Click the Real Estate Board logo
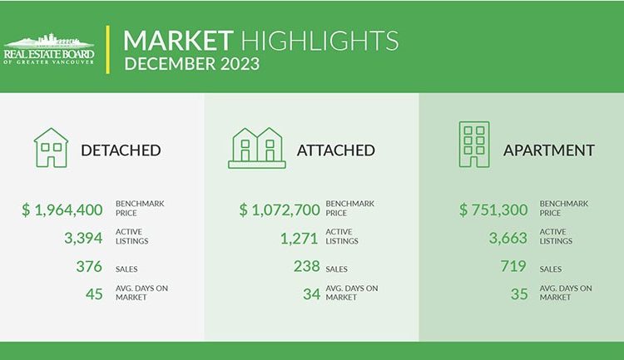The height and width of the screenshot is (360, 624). click(x=49, y=49)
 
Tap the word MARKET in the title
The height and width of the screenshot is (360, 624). click(x=178, y=41)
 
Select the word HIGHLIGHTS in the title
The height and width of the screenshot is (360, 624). click(x=319, y=41)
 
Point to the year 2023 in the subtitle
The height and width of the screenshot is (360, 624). click(x=240, y=64)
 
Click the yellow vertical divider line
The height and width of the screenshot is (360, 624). click(x=108, y=50)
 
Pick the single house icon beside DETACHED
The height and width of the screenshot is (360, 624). click(x=51, y=148)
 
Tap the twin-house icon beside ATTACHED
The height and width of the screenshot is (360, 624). click(x=257, y=148)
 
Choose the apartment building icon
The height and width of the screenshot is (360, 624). click(x=474, y=145)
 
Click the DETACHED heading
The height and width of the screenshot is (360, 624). click(x=121, y=150)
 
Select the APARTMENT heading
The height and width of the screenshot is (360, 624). click(x=549, y=150)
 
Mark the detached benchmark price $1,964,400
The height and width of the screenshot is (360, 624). click(x=62, y=210)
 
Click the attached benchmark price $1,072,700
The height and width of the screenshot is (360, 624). click(x=280, y=210)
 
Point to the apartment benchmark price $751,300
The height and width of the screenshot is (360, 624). click(x=493, y=210)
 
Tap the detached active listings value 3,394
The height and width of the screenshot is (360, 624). click(x=83, y=238)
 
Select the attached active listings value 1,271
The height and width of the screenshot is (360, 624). click(x=299, y=239)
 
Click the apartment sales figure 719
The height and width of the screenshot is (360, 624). click(x=513, y=266)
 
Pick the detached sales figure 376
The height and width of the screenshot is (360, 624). click(x=89, y=266)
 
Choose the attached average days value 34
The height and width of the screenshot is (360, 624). click(x=311, y=294)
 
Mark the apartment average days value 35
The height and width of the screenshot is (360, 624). click(x=519, y=294)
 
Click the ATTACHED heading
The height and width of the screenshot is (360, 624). click(x=336, y=150)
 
